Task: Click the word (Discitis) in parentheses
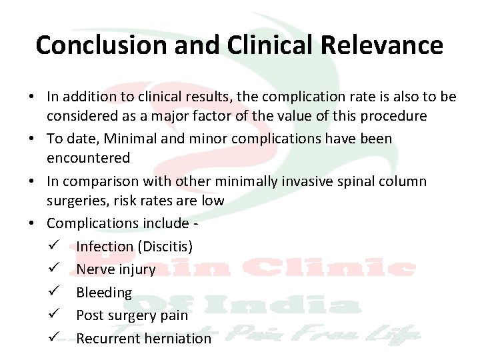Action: click(165, 247)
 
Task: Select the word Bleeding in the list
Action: click(104, 293)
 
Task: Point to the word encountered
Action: click(88, 158)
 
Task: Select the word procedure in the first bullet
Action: click(393, 116)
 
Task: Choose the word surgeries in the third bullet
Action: click(77, 201)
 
